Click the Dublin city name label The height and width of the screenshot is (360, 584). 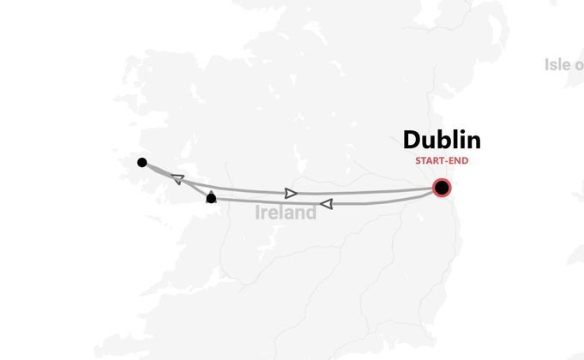point(442,141)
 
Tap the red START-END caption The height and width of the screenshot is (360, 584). point(442,160)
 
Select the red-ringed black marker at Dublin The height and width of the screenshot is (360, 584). point(442,188)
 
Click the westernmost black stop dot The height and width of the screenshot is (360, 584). point(142,163)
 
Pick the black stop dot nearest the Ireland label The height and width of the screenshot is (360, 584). point(212,199)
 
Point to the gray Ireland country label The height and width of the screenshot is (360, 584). point(286,213)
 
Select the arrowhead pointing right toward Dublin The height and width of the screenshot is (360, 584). point(292,194)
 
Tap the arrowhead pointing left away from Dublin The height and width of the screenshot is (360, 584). point(326,204)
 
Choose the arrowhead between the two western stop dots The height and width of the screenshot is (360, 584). point(177,179)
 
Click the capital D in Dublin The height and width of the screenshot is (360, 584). point(412,141)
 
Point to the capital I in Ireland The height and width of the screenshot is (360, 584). point(258,213)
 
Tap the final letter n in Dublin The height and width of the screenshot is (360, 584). point(473,141)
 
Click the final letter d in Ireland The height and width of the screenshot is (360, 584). point(310,213)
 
